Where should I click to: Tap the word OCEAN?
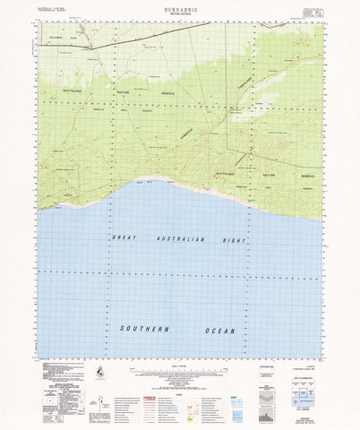(219, 330)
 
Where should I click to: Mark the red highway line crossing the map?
(134, 42)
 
